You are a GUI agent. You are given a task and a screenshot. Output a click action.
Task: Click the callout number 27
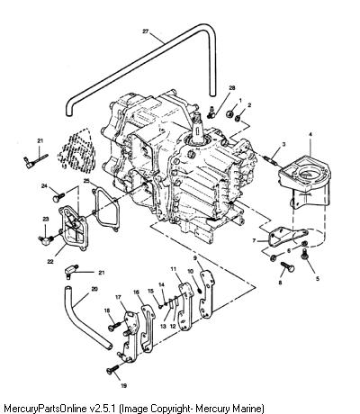[x=146, y=31]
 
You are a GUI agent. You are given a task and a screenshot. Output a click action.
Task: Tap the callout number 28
[x=232, y=87]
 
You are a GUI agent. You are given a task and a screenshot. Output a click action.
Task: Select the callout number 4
[x=310, y=135]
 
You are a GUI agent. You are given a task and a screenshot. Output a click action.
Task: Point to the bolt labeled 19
[x=112, y=371]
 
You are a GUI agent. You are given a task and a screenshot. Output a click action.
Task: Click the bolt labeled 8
[x=287, y=266]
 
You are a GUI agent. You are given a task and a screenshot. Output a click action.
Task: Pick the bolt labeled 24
[x=58, y=197]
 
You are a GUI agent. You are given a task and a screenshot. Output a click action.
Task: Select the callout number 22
[x=50, y=261]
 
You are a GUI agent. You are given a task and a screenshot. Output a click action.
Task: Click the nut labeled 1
[x=230, y=114]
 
